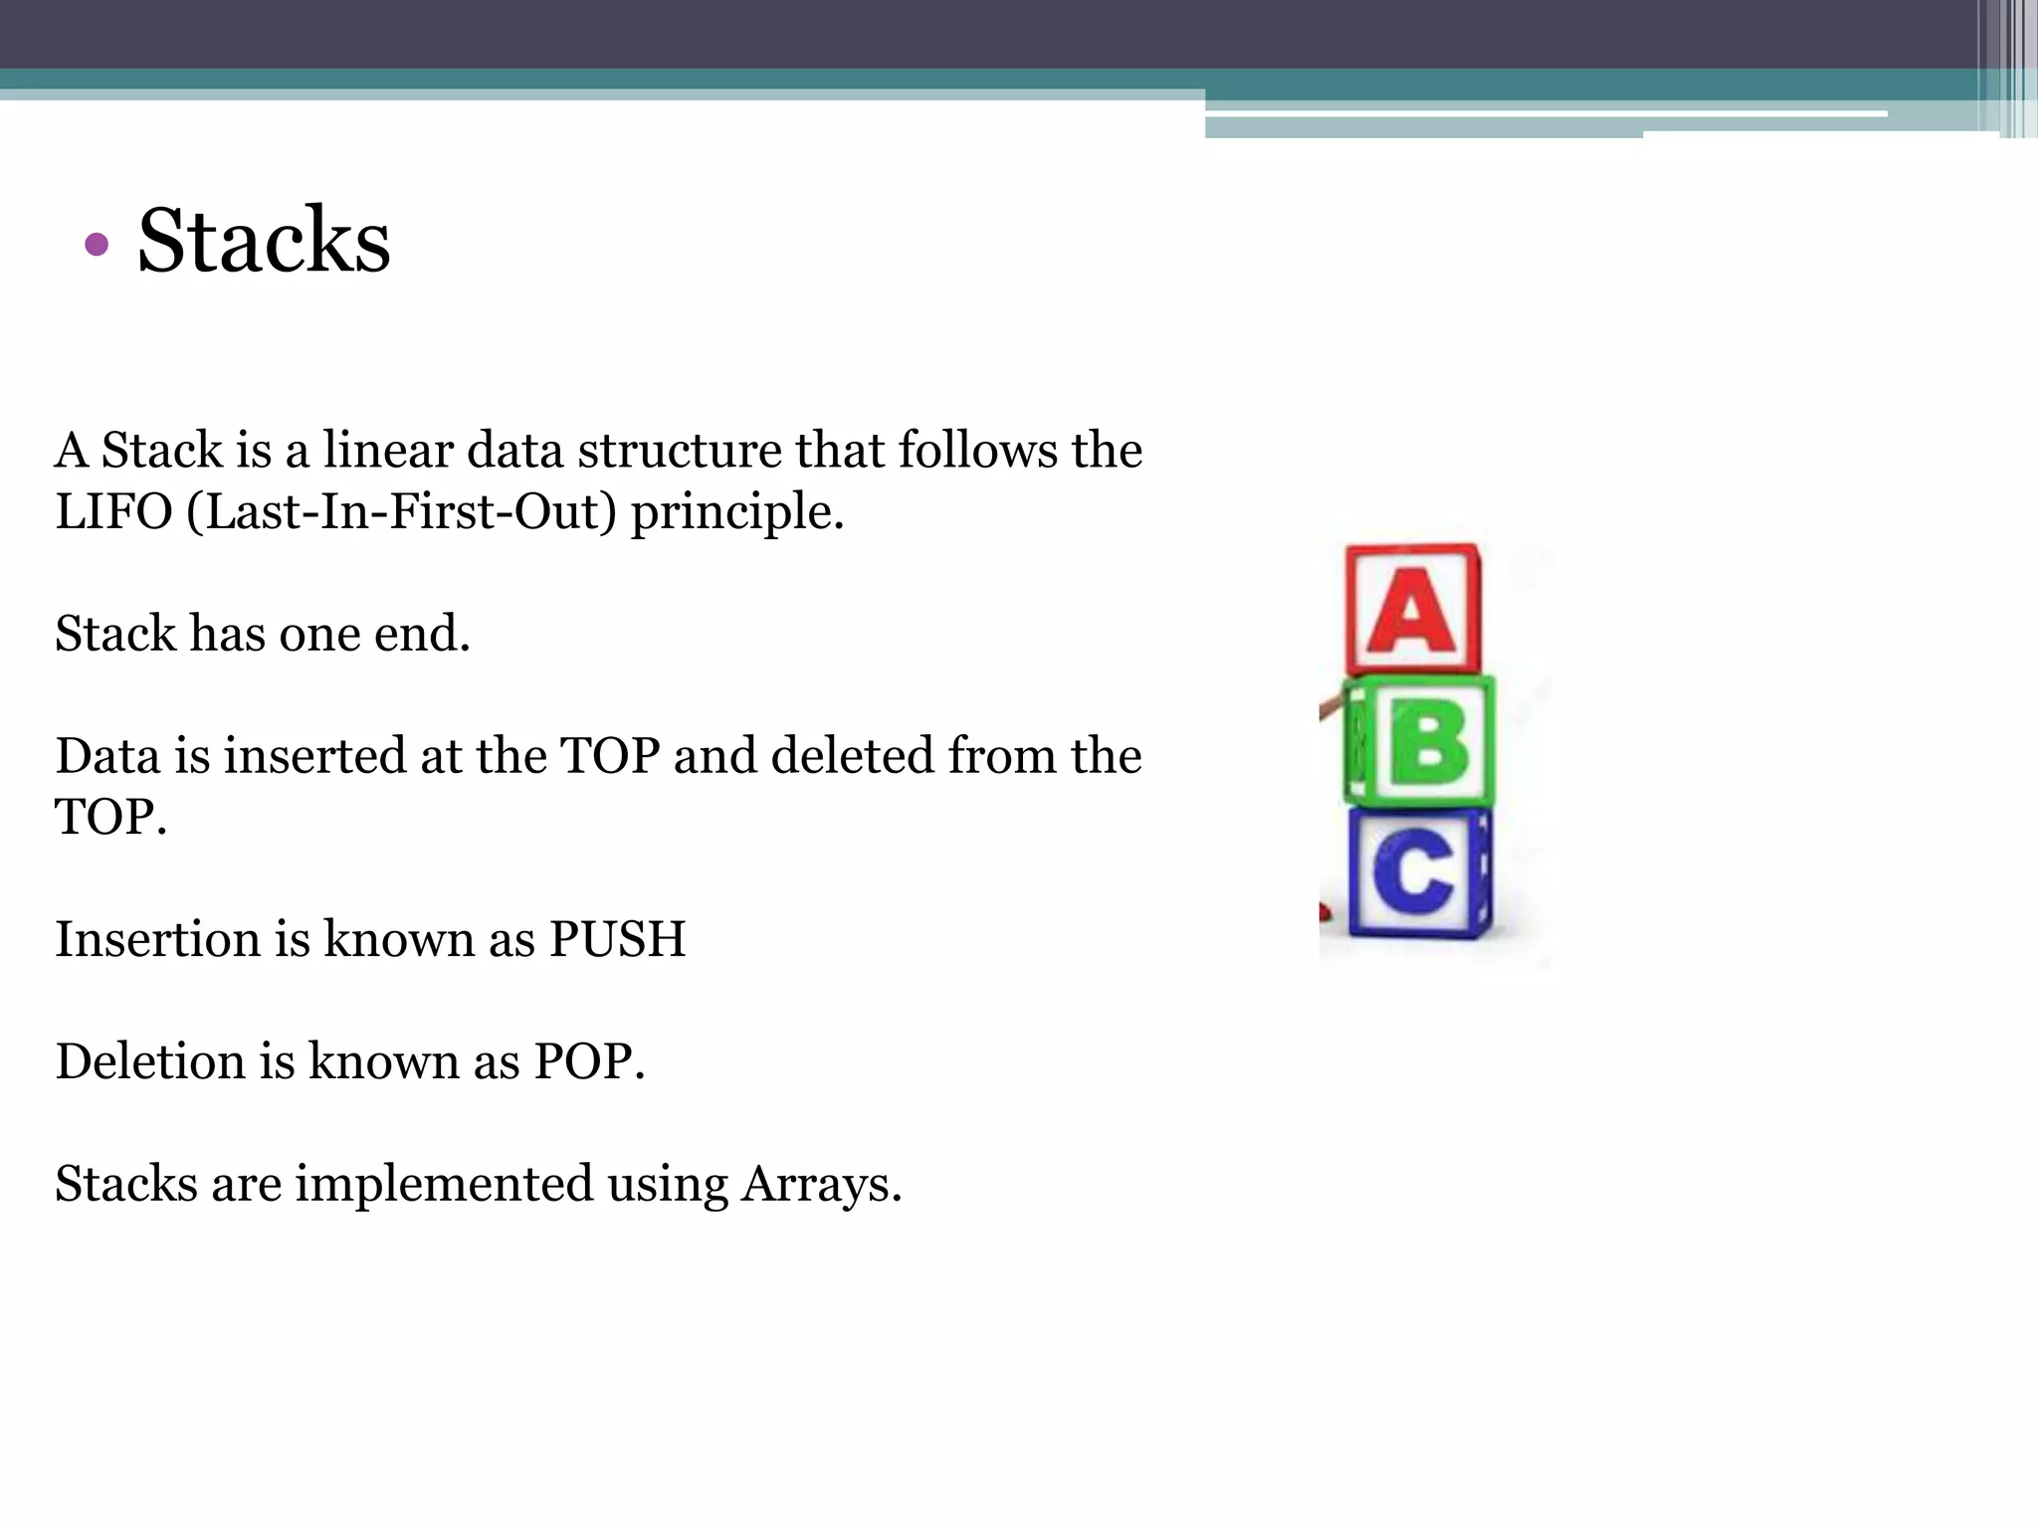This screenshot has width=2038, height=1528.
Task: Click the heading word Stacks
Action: tap(264, 241)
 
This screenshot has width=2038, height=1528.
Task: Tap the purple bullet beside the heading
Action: tap(97, 244)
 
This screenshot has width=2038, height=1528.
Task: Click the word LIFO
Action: tap(113, 512)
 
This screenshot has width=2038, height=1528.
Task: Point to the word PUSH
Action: tap(617, 939)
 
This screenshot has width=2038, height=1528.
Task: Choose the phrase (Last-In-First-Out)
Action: tap(401, 512)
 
